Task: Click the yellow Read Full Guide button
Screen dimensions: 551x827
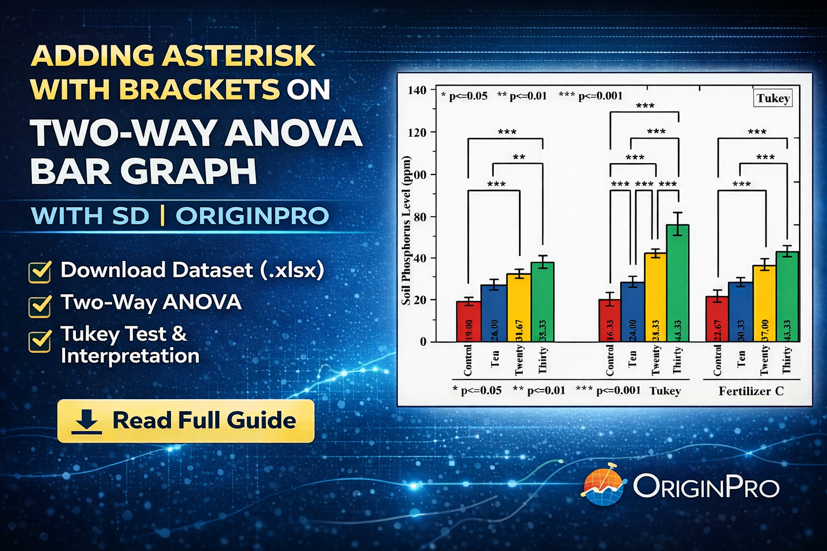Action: (x=186, y=421)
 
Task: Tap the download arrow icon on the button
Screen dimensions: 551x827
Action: (x=86, y=421)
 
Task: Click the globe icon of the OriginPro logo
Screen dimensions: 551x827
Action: (x=603, y=485)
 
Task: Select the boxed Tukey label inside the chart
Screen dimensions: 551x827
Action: (x=773, y=98)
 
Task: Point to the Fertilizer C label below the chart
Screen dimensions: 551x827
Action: (x=751, y=391)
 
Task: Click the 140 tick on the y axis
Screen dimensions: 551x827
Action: (x=417, y=90)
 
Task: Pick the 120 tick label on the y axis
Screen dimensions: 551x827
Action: (x=417, y=132)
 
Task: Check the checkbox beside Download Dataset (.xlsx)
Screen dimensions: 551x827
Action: (x=40, y=272)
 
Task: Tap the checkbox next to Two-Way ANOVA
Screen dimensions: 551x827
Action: (x=40, y=305)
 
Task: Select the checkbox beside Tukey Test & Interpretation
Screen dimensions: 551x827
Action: (x=40, y=341)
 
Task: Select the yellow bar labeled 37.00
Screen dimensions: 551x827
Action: (x=764, y=303)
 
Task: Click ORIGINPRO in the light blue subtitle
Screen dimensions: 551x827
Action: (x=252, y=216)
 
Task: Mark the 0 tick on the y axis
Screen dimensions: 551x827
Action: (x=423, y=341)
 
